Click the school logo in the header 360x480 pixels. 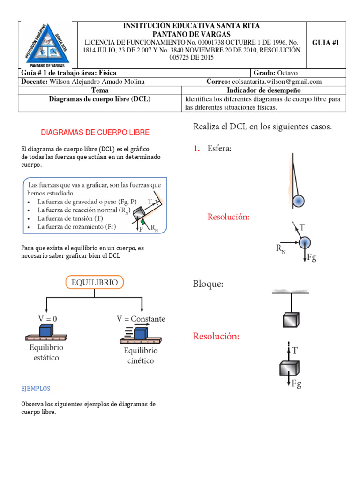[46, 45]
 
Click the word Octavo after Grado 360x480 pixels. [287, 73]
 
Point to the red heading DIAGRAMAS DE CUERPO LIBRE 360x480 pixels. [95, 133]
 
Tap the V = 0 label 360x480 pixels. [48, 318]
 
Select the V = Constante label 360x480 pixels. [141, 319]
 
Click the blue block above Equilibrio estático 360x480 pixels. [46, 330]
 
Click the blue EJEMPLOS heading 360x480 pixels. [36, 389]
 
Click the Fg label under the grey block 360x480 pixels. [296, 384]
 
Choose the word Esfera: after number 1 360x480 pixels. [219, 149]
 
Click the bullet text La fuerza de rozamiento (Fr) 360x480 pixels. [76, 227]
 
